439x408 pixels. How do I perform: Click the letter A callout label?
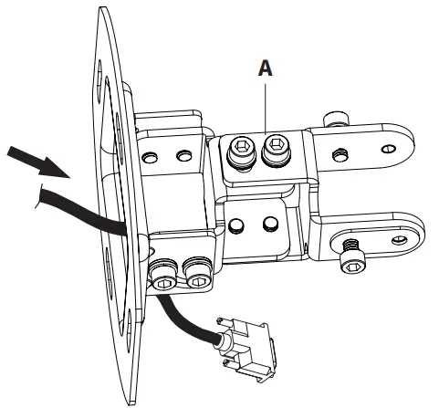(265, 67)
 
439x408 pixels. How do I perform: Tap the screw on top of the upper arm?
(335, 119)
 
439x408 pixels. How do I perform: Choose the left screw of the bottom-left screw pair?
(162, 273)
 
